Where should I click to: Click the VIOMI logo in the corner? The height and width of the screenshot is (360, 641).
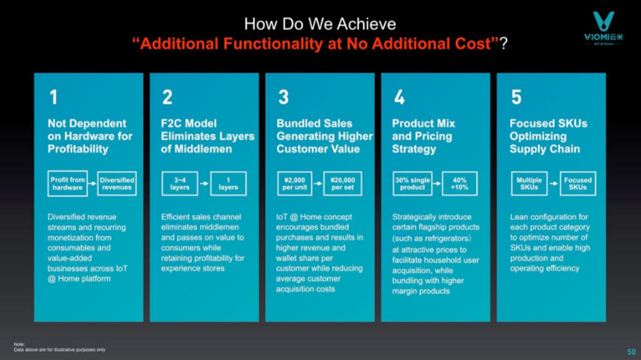[603, 28]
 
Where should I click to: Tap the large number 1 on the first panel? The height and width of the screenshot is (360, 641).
[54, 97]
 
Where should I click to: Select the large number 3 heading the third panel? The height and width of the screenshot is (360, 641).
[283, 97]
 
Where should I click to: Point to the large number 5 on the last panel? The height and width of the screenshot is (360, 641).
[516, 97]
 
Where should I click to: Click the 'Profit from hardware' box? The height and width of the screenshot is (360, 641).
[68, 183]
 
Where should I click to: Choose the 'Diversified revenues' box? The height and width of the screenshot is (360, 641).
[117, 183]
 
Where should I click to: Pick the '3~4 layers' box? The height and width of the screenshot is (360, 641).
[180, 183]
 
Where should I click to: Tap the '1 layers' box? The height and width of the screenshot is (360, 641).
[228, 183]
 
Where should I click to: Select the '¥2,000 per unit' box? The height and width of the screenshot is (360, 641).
[295, 183]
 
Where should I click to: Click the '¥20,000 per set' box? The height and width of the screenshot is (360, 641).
[343, 183]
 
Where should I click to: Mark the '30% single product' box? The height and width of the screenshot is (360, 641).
[412, 183]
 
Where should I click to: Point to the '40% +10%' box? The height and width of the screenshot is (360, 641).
[460, 183]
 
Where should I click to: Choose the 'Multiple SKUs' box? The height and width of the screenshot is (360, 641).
[529, 183]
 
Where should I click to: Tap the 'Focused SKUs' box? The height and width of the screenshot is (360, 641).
[578, 183]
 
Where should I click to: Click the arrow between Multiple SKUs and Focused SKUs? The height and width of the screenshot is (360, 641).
[554, 183]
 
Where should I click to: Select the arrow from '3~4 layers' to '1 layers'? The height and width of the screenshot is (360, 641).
[204, 183]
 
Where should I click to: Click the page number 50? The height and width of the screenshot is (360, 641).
[631, 351]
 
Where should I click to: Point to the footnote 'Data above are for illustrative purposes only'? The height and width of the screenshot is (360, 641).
[60, 349]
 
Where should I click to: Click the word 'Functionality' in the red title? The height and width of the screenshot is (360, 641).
[273, 44]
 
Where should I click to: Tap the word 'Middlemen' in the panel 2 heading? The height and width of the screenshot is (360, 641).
[203, 149]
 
